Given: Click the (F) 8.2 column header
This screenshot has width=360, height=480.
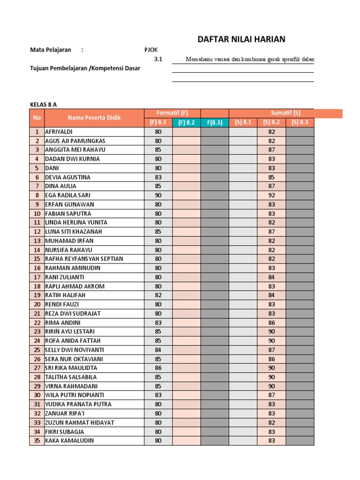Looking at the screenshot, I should [186, 122].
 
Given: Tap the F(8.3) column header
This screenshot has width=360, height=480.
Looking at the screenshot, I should [215, 122].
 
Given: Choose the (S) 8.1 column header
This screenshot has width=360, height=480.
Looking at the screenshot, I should [243, 122].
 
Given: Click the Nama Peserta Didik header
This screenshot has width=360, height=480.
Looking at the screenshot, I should [94, 118].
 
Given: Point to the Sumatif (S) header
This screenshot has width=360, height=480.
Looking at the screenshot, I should [285, 113].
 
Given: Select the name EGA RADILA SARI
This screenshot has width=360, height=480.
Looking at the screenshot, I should [67, 195].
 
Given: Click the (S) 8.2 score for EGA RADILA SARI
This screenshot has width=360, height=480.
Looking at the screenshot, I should [271, 195].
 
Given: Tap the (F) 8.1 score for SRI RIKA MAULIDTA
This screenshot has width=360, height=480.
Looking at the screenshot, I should [158, 368].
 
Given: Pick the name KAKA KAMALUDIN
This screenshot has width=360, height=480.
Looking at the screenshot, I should [69, 441].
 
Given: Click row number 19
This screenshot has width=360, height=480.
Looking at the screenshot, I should [37, 295].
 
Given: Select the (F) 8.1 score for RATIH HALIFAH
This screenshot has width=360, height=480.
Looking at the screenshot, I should [158, 295].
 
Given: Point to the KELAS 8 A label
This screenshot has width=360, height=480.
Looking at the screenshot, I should [43, 104].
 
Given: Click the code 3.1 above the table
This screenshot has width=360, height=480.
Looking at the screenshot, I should [158, 60].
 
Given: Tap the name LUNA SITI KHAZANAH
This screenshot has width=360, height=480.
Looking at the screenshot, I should [73, 232].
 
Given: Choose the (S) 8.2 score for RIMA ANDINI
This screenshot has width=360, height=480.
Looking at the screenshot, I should [271, 322].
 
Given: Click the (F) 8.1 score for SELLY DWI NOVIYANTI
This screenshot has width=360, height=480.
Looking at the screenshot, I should [158, 350].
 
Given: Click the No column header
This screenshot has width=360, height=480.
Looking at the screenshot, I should [37, 118].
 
